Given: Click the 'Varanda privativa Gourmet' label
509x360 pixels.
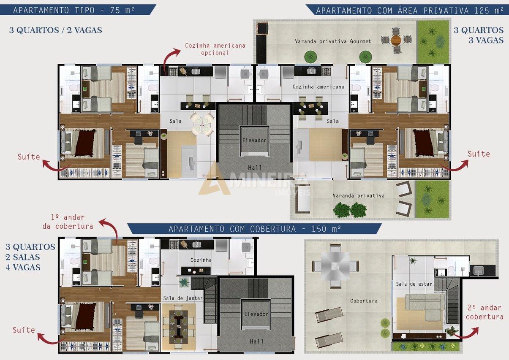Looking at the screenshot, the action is (333, 41).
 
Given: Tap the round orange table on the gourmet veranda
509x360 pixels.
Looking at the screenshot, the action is (397, 40).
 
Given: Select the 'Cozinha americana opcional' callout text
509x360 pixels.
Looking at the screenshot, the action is (215, 49).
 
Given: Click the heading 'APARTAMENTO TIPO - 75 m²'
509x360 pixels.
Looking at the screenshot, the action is (73, 10).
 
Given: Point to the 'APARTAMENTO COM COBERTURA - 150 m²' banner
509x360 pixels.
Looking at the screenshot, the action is (254, 229).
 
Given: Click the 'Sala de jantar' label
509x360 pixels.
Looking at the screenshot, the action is (183, 298).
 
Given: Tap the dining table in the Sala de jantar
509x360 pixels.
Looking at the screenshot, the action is (179, 327).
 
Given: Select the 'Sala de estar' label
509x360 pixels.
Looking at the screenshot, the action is (414, 284).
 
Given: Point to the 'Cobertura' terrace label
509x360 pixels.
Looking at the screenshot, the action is (364, 301).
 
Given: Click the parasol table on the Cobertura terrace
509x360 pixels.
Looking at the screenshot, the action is (335, 266).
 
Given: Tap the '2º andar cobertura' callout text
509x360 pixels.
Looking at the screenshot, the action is (485, 312).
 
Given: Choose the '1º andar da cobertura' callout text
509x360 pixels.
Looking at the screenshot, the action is (68, 222).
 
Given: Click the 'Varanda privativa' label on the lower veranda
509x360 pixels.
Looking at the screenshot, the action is (359, 195).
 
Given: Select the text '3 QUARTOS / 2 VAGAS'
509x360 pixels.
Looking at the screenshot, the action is (55, 30).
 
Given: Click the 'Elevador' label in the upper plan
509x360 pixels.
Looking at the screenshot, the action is (254, 140).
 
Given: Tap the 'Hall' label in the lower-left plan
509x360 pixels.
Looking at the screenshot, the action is (256, 341).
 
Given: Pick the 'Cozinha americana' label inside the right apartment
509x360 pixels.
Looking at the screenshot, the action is (318, 87).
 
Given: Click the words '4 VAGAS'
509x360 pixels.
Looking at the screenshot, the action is (23, 267).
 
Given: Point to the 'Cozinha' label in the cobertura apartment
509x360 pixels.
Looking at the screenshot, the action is (201, 260).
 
